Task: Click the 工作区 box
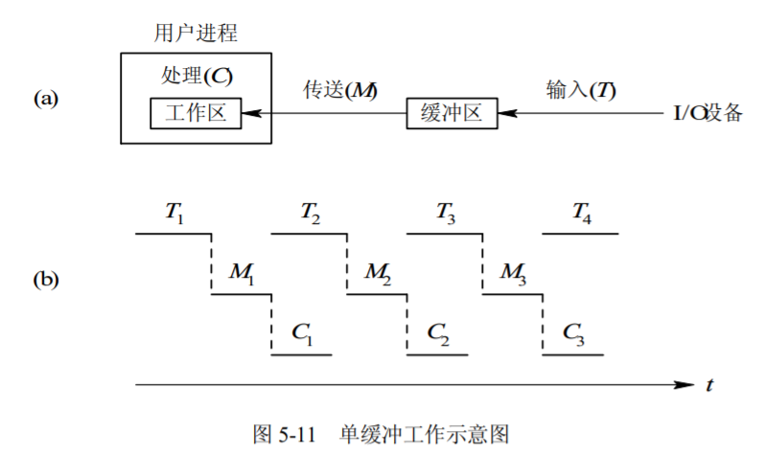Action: (x=196, y=113)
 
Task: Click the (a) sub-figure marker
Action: (x=46, y=99)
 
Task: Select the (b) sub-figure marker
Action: (x=46, y=281)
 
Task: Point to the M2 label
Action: (x=378, y=274)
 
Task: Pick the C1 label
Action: (x=302, y=333)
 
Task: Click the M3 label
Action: (x=514, y=274)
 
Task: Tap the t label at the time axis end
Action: (x=709, y=386)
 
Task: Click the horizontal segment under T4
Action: (x=581, y=234)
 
